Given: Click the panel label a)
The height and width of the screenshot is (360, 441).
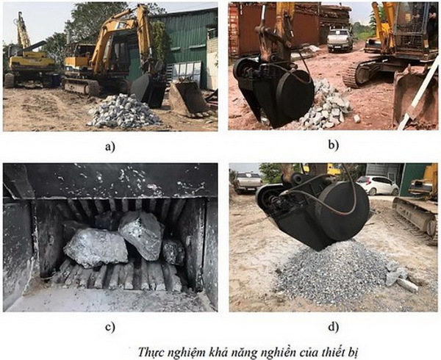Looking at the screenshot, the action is click(x=110, y=146).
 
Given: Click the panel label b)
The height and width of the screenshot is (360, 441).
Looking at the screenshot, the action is click(x=333, y=145).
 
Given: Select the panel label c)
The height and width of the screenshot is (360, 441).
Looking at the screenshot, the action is click(x=110, y=327).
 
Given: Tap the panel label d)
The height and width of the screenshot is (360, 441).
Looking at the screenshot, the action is click(x=333, y=326).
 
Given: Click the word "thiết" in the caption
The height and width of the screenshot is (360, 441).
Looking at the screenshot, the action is click(x=329, y=351).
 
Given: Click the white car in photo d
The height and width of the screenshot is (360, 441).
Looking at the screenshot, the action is click(x=377, y=185).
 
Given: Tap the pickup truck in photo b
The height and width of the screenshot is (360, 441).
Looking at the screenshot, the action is click(x=340, y=40).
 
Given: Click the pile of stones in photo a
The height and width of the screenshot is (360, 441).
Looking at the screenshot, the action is click(x=123, y=111).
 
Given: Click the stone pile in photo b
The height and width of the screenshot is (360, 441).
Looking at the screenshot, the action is click(x=328, y=105).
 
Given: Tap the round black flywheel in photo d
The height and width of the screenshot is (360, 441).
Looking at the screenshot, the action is click(x=344, y=209).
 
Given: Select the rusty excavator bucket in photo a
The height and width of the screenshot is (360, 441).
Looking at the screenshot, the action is click(x=189, y=98).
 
